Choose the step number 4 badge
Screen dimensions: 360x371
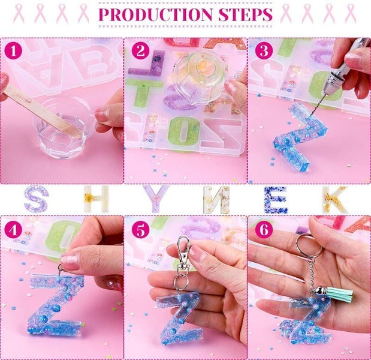[15, 230]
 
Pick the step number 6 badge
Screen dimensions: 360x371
[263, 230]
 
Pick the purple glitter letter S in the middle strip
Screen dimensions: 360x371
[35, 199]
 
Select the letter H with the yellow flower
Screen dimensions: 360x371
[93, 199]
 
